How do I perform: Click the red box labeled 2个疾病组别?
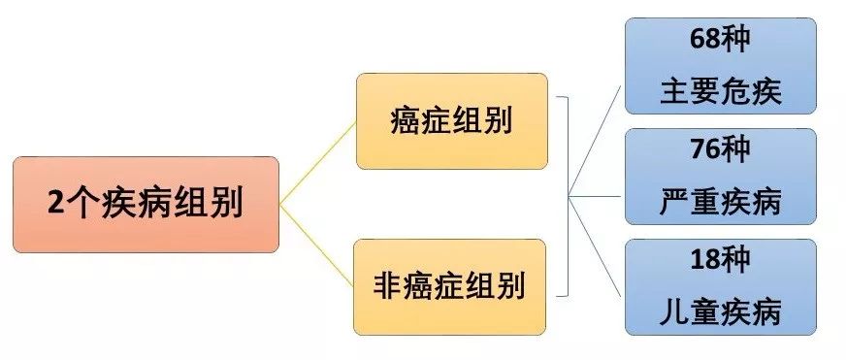click(x=146, y=205)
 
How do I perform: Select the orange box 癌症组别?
click(x=450, y=121)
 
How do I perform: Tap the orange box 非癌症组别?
click(x=450, y=286)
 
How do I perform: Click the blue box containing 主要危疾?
click(x=720, y=66)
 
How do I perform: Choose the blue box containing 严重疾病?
click(x=720, y=177)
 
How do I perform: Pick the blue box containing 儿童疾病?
click(x=720, y=287)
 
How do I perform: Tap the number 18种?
click(x=720, y=260)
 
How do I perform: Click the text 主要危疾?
click(x=720, y=92)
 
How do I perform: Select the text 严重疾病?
click(x=720, y=203)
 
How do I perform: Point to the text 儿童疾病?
click(x=720, y=313)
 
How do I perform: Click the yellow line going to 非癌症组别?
click(x=318, y=245)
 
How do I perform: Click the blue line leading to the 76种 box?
click(x=597, y=195)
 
